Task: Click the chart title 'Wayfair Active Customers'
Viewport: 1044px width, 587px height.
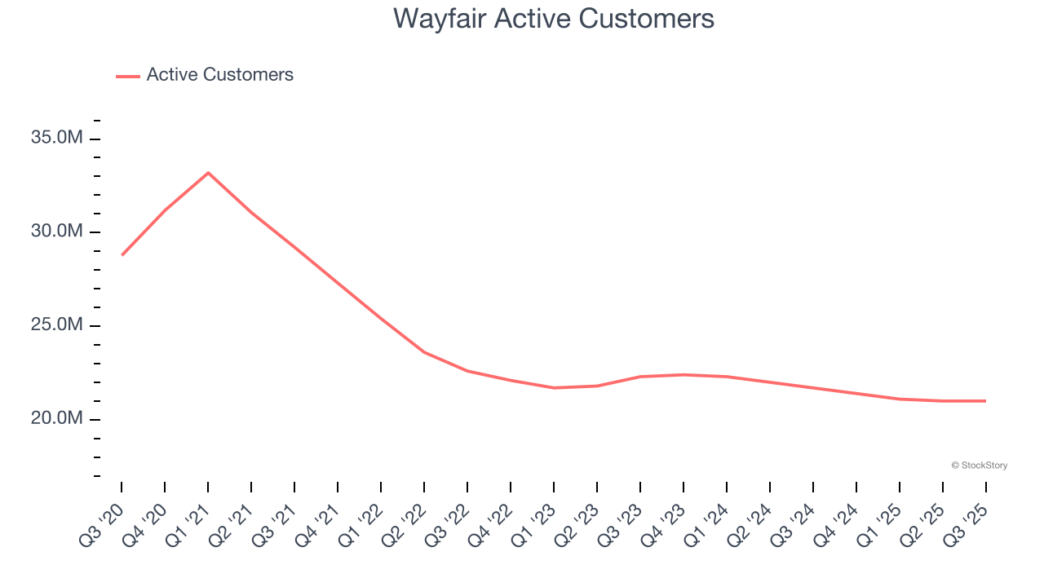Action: pyautogui.click(x=554, y=19)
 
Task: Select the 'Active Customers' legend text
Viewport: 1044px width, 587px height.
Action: pyautogui.click(x=219, y=75)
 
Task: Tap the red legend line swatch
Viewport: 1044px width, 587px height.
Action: pyautogui.click(x=128, y=76)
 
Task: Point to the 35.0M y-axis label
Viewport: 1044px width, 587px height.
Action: pyautogui.click(x=57, y=138)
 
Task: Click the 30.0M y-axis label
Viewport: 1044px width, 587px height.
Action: pyautogui.click(x=57, y=232)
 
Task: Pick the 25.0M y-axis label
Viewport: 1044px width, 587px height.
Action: pyautogui.click(x=57, y=325)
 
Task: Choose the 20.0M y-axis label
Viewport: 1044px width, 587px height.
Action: pyautogui.click(x=57, y=418)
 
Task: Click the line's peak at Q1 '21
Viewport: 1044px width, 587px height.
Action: pyautogui.click(x=208, y=173)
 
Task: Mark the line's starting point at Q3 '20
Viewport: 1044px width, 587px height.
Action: pyautogui.click(x=122, y=254)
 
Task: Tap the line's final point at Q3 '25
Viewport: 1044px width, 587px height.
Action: pyautogui.click(x=985, y=401)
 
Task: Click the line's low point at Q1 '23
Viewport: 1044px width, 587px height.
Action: pyautogui.click(x=554, y=387)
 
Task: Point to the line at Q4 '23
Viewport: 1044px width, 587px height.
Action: pyautogui.click(x=683, y=374)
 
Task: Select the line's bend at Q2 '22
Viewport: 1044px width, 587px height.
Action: pyautogui.click(x=424, y=352)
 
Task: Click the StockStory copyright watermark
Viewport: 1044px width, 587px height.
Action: pyautogui.click(x=979, y=466)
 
